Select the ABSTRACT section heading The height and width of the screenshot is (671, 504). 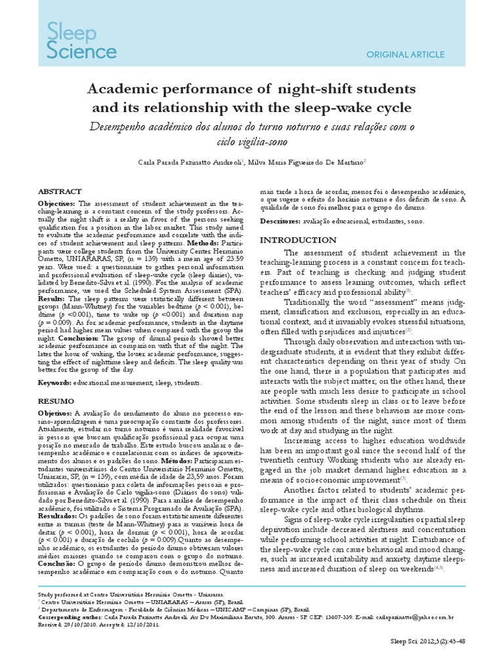60,191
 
